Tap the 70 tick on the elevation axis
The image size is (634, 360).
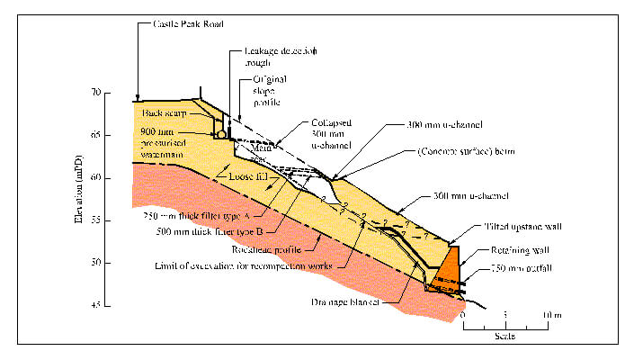121,93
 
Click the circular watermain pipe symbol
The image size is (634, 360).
222,132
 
